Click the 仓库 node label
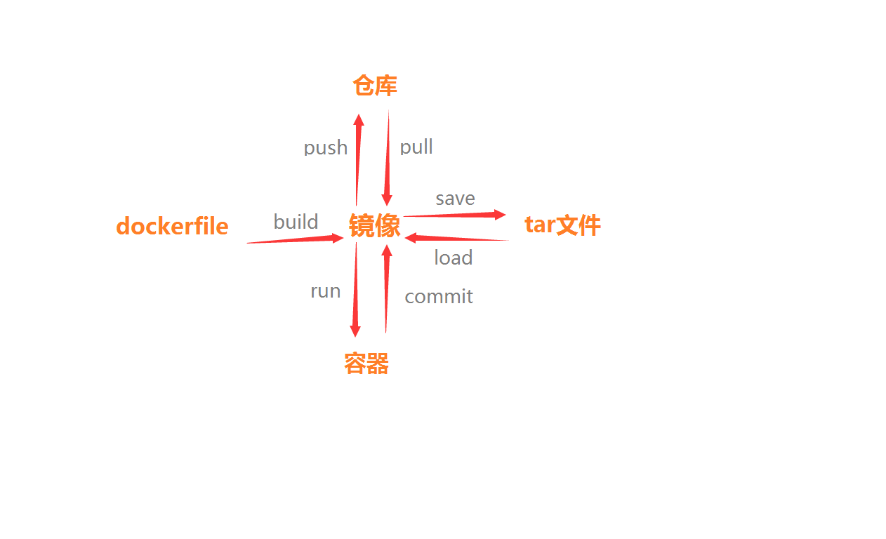(x=375, y=86)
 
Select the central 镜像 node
(x=375, y=226)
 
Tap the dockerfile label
(x=172, y=226)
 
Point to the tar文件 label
(x=562, y=225)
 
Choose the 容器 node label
(x=366, y=364)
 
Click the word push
(x=326, y=147)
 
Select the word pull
(x=416, y=147)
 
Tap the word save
(x=455, y=199)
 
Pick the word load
(x=453, y=258)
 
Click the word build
(x=296, y=222)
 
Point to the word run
(x=326, y=291)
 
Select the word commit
(x=439, y=296)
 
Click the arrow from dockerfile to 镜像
(x=295, y=240)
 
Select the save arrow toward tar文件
(x=455, y=215)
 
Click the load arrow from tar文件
(x=456, y=239)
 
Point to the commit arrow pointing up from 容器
(x=386, y=288)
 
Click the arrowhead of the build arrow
(x=338, y=239)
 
